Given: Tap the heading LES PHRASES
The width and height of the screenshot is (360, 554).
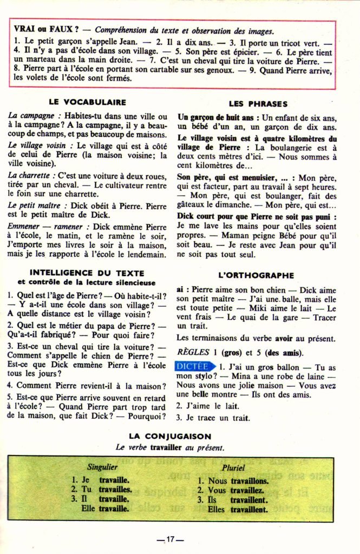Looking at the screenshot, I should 258,103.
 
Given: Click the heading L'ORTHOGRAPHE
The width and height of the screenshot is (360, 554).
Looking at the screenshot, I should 256,275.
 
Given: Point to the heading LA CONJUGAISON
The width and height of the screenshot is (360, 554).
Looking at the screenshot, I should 170,436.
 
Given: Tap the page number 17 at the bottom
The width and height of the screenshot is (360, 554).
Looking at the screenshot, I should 170,539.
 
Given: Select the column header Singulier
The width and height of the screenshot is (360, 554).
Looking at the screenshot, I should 102,466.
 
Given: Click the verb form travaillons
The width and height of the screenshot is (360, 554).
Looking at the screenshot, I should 250,480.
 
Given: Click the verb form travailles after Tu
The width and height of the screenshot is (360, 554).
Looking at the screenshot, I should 115,490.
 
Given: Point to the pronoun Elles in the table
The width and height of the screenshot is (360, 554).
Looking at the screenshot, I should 215,509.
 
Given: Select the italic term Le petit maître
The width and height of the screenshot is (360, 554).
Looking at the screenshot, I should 34,206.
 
